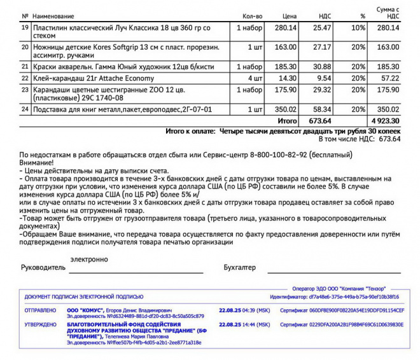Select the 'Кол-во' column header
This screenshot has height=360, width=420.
[x=252, y=15]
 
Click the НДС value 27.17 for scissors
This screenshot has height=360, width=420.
[x=320, y=46]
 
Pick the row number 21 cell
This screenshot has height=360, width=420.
[x=25, y=66]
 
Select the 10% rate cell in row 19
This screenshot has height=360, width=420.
[x=358, y=28]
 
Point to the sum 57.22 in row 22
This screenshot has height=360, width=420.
[x=388, y=78]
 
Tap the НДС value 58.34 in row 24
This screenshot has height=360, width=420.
[x=320, y=109]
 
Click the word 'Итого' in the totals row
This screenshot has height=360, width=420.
[x=288, y=120]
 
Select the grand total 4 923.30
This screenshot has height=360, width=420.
[x=386, y=120]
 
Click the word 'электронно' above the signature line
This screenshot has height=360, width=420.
[x=89, y=260]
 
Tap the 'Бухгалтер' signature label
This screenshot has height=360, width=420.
[x=240, y=268]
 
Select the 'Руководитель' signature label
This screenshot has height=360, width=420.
[x=43, y=268]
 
